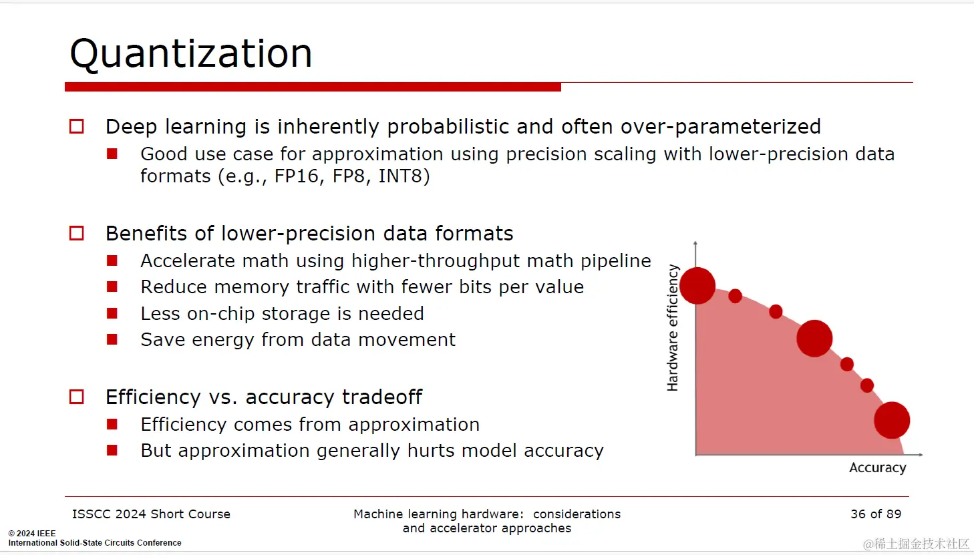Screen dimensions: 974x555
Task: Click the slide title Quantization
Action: pyautogui.click(x=191, y=53)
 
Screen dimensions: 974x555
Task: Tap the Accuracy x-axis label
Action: pyautogui.click(x=878, y=468)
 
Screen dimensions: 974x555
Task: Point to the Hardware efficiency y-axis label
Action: pyautogui.click(x=673, y=328)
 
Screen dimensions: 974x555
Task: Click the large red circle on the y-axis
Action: pyautogui.click(x=697, y=286)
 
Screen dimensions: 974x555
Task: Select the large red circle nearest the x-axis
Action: pyautogui.click(x=892, y=420)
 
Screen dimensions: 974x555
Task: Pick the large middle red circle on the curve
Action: pyautogui.click(x=814, y=339)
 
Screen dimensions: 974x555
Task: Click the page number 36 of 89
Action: pyautogui.click(x=876, y=514)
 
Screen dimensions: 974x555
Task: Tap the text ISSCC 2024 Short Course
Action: pyautogui.click(x=151, y=514)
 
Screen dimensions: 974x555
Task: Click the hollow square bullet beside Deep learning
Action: pyautogui.click(x=77, y=126)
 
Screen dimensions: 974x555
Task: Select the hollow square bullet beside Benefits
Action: pyautogui.click(x=77, y=233)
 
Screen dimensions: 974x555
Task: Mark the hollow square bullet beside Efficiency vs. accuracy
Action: pyautogui.click(x=77, y=397)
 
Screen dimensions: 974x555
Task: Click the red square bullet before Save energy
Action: pyautogui.click(x=112, y=339)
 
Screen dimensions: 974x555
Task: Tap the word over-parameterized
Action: pyautogui.click(x=721, y=127)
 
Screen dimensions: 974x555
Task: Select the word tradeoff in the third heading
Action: pyautogui.click(x=382, y=397)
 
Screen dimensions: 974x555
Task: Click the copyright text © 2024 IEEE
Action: pyautogui.click(x=32, y=533)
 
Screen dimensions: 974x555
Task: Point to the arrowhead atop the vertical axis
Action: pyautogui.click(x=695, y=243)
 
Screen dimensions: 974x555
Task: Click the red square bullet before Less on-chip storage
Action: pyautogui.click(x=112, y=313)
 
